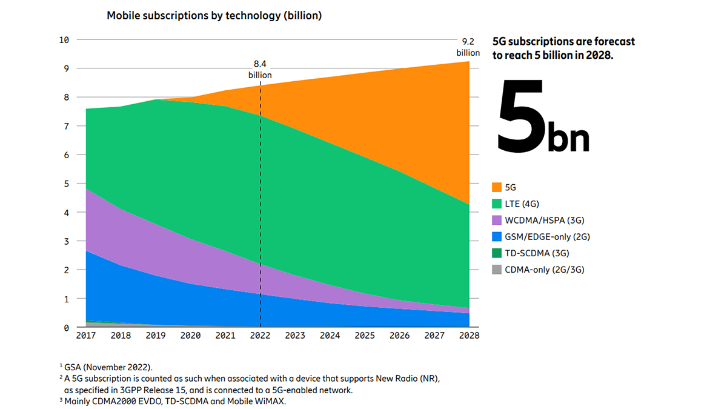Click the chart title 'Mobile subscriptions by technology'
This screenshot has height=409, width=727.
[214, 16]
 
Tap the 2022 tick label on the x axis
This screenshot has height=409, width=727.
[261, 335]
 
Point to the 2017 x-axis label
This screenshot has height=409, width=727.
[86, 335]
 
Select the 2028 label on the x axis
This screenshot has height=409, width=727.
[469, 335]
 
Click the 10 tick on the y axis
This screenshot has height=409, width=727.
[64, 39]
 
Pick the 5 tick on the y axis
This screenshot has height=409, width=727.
[66, 184]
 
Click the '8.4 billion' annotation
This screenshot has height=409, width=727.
[260, 69]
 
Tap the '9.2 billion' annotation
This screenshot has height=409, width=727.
[468, 47]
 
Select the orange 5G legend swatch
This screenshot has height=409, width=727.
[497, 187]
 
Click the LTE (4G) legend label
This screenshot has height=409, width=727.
[526, 204]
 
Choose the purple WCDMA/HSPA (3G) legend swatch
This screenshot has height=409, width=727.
[497, 220]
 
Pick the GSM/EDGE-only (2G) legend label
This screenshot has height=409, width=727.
[546, 236]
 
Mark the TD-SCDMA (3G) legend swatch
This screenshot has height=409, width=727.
[497, 253]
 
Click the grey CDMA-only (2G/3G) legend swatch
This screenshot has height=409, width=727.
[497, 269]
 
